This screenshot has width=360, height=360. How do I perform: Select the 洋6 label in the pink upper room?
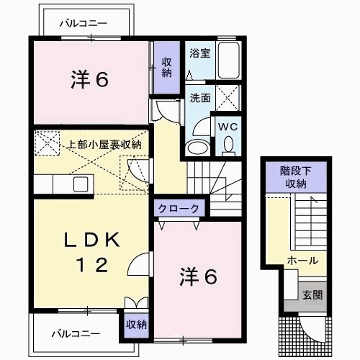(89, 80)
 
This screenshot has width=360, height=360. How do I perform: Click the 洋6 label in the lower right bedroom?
(197, 276)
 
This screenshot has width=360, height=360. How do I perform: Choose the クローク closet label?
(180, 208)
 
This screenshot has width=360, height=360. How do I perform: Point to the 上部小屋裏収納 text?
(105, 144)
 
